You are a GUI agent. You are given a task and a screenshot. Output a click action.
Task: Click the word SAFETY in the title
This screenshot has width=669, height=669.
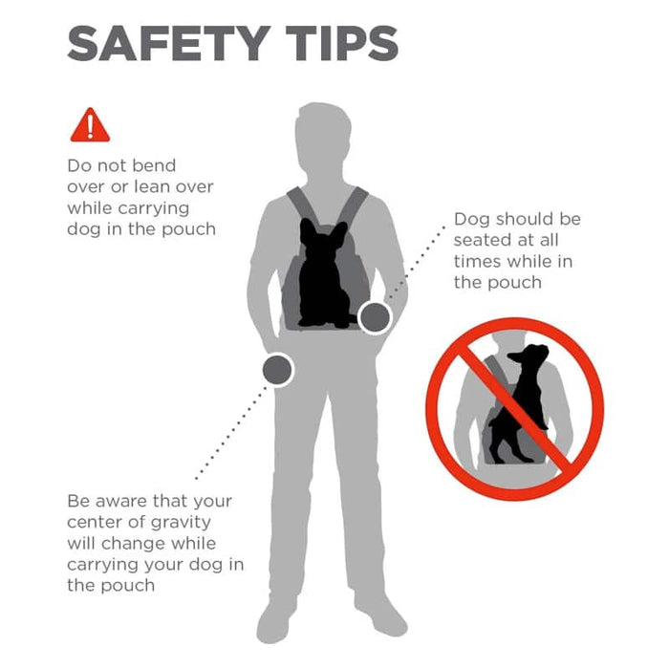(169, 43)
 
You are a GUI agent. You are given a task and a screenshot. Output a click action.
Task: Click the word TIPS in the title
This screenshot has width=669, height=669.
(342, 43)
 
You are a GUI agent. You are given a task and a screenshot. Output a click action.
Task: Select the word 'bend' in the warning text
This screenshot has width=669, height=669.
(158, 165)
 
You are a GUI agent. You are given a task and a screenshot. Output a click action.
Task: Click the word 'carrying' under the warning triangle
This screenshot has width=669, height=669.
(154, 209)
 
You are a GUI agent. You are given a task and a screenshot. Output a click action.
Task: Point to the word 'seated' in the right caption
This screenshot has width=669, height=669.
(479, 240)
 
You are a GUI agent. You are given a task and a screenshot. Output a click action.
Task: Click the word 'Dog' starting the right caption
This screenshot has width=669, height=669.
(471, 220)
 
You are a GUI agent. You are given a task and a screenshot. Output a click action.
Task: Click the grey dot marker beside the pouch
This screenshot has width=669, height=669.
(375, 318)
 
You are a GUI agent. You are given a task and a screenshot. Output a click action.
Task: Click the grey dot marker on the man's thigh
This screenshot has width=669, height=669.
(277, 370)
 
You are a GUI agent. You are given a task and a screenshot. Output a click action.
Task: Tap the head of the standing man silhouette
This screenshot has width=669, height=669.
(323, 137)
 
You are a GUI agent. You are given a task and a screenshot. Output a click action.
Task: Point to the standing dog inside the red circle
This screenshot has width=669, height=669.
(518, 405)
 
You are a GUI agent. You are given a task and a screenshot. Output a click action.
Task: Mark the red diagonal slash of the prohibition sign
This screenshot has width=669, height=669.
(515, 408)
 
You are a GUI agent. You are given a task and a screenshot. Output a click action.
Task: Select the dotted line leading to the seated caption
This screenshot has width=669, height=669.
(417, 263)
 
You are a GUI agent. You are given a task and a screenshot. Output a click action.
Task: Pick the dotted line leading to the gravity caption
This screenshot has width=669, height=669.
(231, 433)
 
